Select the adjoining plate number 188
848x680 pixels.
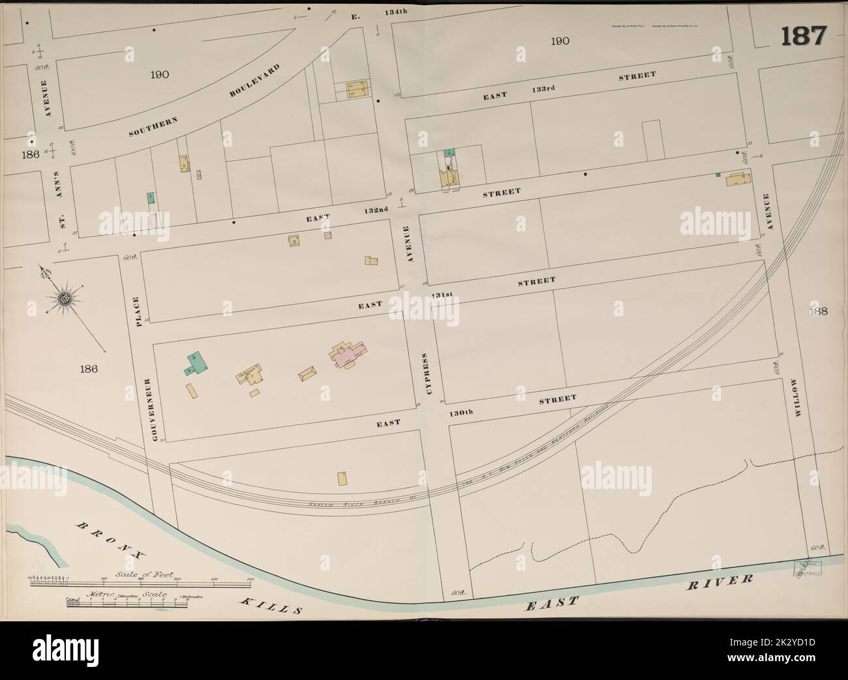(818, 311)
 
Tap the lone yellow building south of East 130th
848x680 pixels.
(342, 479)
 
